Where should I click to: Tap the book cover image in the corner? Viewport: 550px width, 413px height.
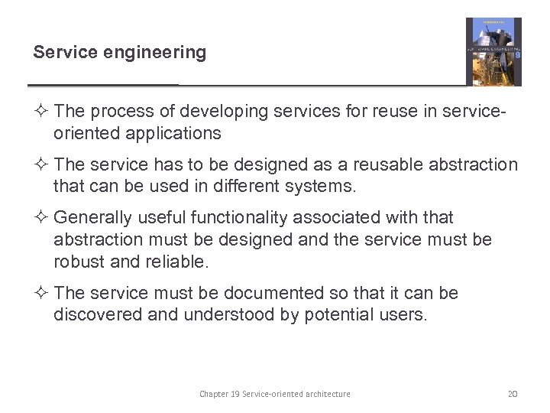pos(493,51)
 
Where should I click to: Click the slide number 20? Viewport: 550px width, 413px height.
pos(513,394)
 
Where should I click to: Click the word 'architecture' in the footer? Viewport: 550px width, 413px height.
pos(325,394)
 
